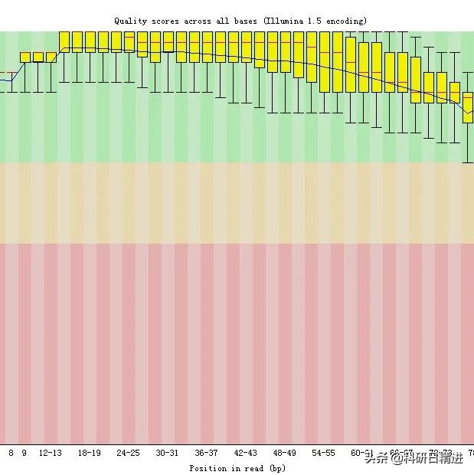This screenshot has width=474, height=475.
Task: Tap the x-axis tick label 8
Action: pyautogui.click(x=11, y=453)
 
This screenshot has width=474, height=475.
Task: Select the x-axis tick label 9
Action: pyautogui.click(x=24, y=453)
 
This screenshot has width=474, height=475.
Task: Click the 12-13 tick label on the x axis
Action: pyautogui.click(x=51, y=453)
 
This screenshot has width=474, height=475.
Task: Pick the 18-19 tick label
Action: pyautogui.click(x=90, y=453)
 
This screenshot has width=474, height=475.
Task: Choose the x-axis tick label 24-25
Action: pyautogui.click(x=129, y=453)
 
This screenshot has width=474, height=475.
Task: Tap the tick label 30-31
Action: pyautogui.click(x=168, y=453)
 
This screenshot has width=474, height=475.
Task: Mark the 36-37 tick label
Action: pyautogui.click(x=207, y=453)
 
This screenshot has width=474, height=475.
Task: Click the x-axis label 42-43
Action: pyautogui.click(x=246, y=453)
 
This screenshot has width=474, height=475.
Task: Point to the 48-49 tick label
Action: pyautogui.click(x=285, y=453)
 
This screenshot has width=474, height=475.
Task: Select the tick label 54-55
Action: pyautogui.click(x=324, y=453)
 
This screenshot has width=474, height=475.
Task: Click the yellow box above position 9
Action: pyautogui.click(x=25, y=57)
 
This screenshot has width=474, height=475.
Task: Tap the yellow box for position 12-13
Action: pyautogui.click(x=51, y=57)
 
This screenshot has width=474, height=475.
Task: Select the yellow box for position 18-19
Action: pyautogui.click(x=90, y=41)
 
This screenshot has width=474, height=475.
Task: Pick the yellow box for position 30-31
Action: pyautogui.click(x=168, y=46)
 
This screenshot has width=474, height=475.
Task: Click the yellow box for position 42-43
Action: pyautogui.click(x=246, y=48)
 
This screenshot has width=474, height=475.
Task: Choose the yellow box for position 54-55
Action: pyautogui.click(x=324, y=61)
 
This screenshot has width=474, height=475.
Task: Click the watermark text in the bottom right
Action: pyautogui.click(x=414, y=458)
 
